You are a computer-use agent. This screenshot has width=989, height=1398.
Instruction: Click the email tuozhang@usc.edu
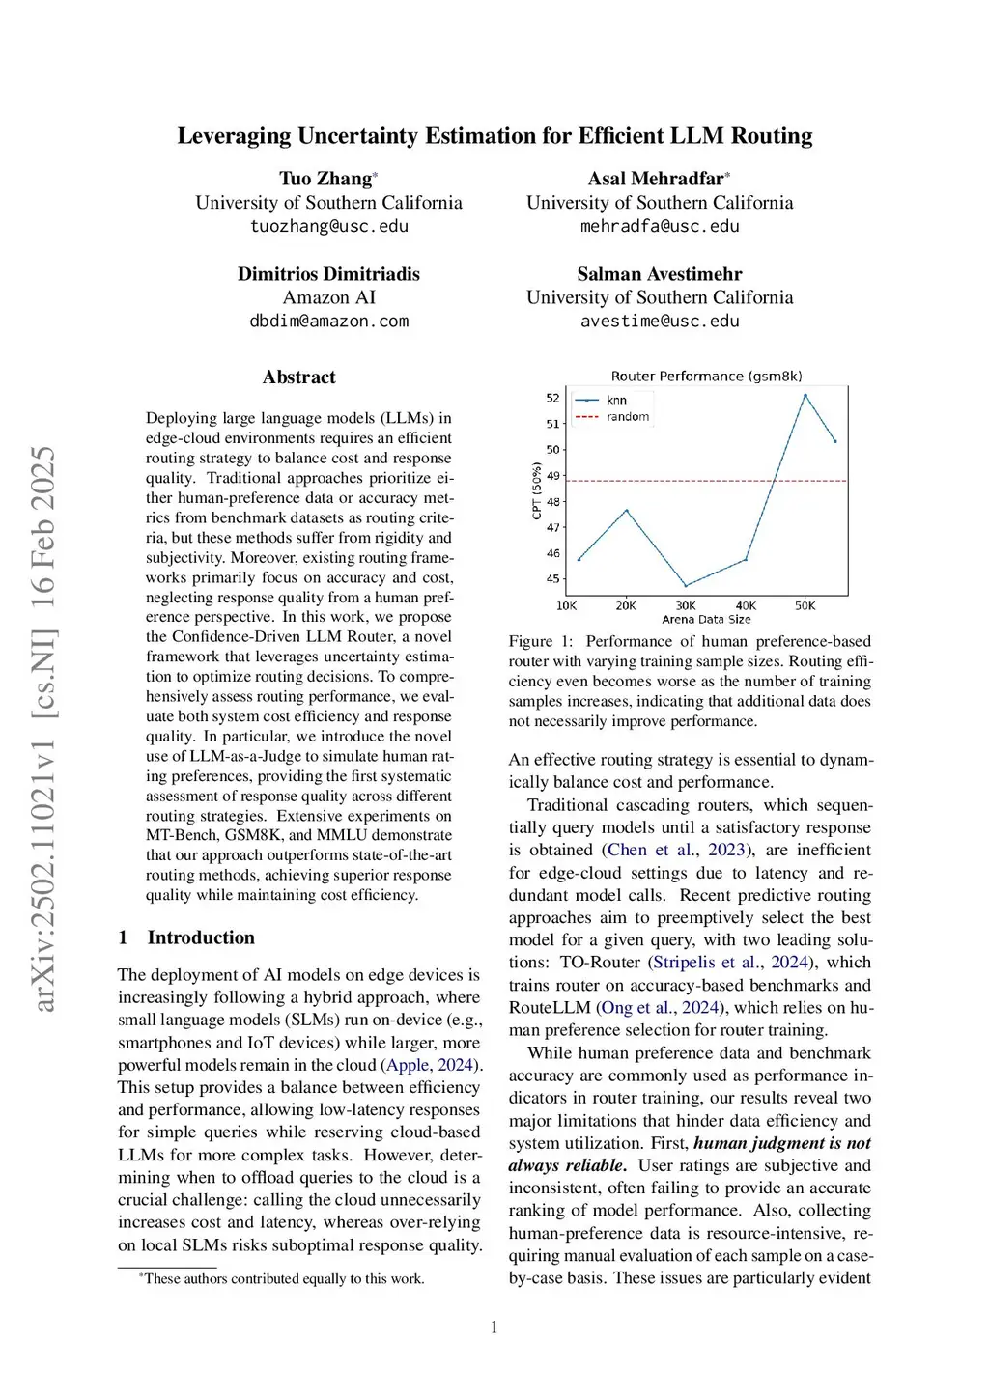[x=328, y=226]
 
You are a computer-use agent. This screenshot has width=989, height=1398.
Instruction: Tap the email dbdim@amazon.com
[x=328, y=321]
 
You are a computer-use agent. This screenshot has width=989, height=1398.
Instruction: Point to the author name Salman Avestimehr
[x=660, y=274]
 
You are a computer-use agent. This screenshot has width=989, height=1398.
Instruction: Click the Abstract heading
[x=298, y=377]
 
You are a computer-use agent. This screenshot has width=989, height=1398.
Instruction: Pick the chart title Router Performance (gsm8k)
[x=706, y=377]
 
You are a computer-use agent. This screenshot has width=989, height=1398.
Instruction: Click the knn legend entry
[x=616, y=400]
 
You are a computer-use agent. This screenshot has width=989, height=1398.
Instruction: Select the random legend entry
[x=628, y=417]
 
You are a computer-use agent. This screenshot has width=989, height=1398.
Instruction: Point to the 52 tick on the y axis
[x=552, y=398]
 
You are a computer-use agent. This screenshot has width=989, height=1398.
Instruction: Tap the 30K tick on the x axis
[x=686, y=606]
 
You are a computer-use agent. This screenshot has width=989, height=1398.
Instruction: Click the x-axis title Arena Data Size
[x=706, y=620]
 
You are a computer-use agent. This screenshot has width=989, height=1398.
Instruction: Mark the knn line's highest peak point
[x=805, y=395]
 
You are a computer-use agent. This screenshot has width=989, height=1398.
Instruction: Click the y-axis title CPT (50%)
[x=537, y=490]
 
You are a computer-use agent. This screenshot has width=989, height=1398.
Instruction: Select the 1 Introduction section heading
[x=186, y=937]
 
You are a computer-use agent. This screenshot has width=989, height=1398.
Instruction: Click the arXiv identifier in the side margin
[x=43, y=729]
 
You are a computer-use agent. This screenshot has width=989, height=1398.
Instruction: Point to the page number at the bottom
[x=494, y=1328]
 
